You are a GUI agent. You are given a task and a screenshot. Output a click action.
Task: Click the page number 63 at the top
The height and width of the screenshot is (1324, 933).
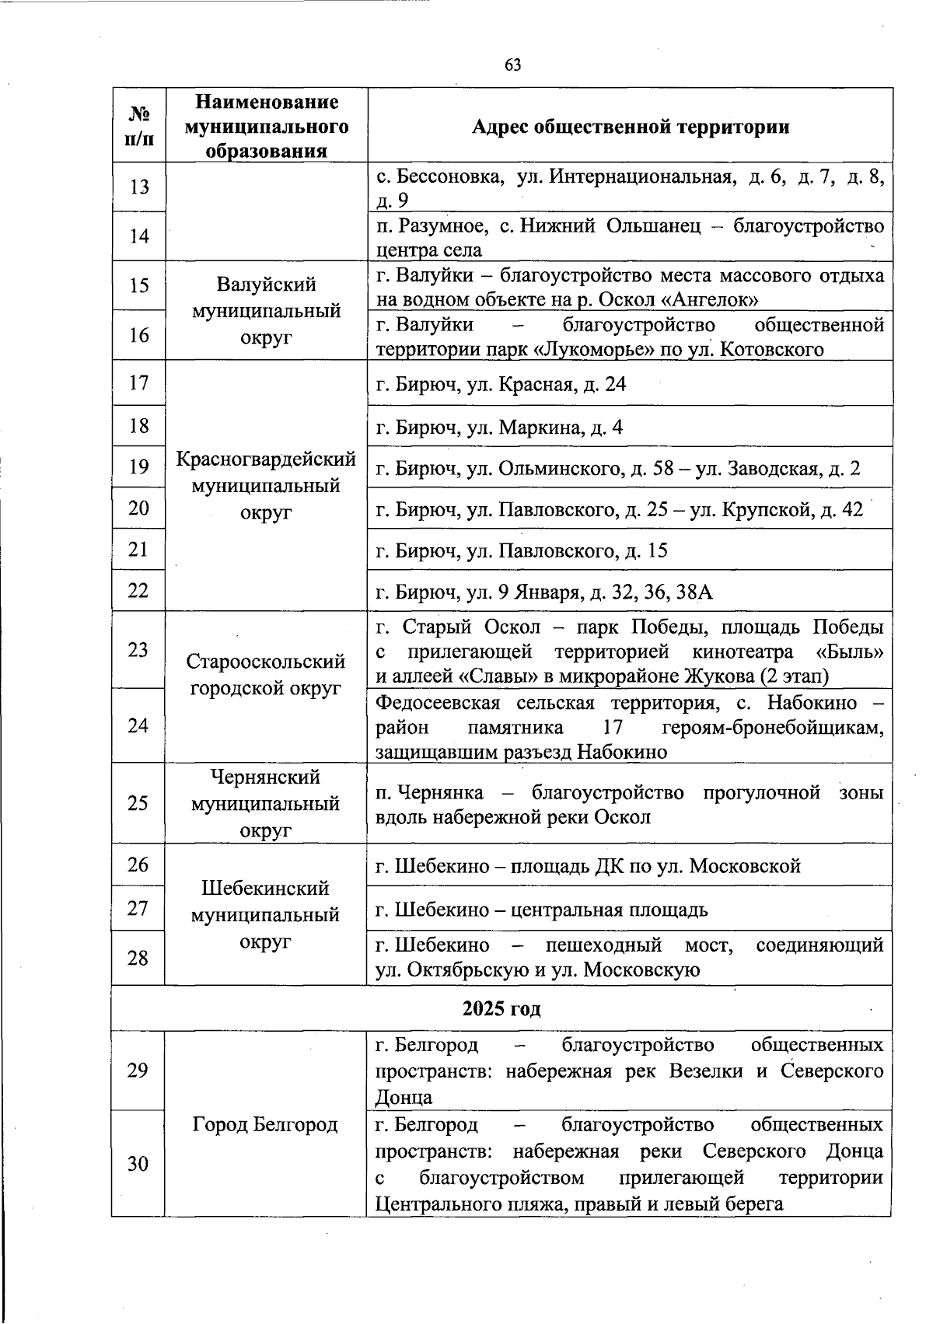click(512, 65)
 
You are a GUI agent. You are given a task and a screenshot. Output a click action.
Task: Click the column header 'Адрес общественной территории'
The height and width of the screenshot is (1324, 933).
click(630, 126)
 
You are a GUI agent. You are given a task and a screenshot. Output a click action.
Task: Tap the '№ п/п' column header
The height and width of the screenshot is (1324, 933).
click(139, 126)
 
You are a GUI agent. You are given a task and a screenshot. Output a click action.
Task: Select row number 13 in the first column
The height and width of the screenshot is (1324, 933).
click(139, 187)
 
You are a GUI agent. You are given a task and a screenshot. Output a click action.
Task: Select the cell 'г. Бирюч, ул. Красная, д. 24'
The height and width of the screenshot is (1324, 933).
click(501, 384)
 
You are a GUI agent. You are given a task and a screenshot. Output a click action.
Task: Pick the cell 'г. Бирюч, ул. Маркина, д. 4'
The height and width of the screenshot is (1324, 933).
click(498, 428)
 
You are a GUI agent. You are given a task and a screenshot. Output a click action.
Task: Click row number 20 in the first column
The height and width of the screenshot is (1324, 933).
click(138, 508)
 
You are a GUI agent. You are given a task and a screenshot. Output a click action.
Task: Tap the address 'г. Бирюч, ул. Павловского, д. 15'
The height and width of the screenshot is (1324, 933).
click(521, 551)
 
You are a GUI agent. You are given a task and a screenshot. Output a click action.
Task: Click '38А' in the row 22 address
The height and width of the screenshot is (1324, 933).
click(694, 592)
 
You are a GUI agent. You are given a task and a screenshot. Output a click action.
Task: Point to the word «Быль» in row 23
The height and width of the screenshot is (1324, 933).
click(850, 651)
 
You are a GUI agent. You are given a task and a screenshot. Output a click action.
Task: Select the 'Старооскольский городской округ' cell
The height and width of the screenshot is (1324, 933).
click(266, 675)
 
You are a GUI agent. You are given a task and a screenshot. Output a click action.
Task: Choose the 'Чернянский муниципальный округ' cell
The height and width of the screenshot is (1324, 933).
click(266, 803)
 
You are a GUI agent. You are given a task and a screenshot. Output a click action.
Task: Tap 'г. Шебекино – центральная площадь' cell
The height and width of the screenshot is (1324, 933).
click(541, 909)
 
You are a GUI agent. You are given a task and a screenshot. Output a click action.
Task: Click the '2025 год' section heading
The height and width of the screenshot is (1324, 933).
click(501, 1008)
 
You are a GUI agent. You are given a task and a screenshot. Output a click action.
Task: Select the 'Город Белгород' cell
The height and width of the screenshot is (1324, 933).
click(266, 1124)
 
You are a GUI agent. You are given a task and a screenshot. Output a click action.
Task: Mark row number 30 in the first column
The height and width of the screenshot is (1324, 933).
click(138, 1164)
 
